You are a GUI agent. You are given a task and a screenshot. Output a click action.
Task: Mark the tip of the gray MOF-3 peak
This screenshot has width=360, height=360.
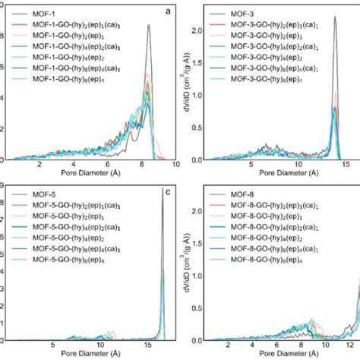[x=336, y=16]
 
